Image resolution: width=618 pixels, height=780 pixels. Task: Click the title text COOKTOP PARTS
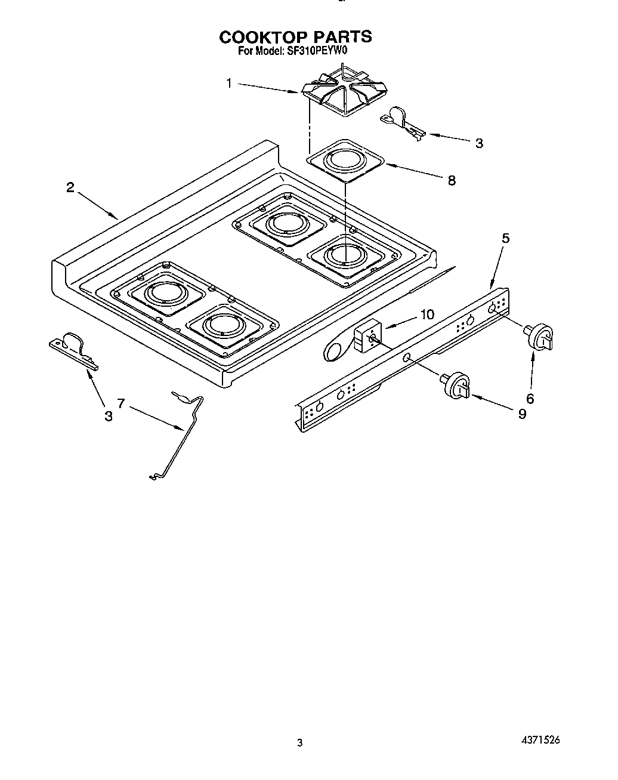(x=295, y=37)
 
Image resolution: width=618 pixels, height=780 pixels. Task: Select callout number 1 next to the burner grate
(x=229, y=84)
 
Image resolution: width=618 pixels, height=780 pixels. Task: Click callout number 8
(x=452, y=180)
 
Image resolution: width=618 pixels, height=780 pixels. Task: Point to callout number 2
(x=70, y=188)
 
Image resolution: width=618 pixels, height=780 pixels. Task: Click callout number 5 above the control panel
(x=505, y=238)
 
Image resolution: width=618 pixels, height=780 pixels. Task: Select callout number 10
(x=427, y=315)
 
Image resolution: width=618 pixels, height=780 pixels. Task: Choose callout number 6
(x=529, y=399)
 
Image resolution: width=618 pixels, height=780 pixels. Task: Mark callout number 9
(x=522, y=413)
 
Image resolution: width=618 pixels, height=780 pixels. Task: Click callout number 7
(x=121, y=404)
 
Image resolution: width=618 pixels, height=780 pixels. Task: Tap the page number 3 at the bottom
(x=300, y=743)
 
